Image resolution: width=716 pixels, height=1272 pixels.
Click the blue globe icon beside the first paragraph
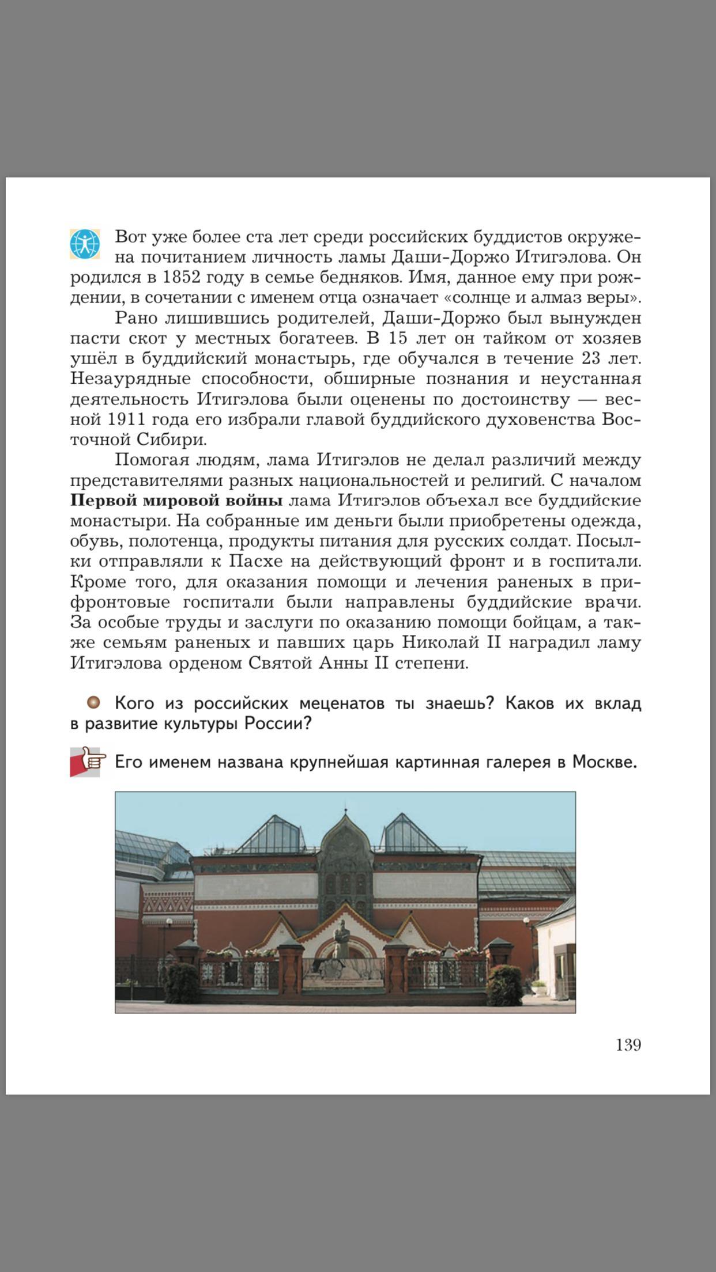click(x=85, y=244)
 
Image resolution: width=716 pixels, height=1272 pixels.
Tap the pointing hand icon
click(x=88, y=762)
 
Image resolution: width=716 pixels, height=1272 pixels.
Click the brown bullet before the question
click(x=93, y=702)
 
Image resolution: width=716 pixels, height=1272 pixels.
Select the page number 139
click(x=628, y=1044)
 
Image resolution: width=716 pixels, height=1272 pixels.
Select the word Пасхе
click(x=255, y=561)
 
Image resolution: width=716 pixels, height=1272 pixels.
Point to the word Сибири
click(x=171, y=440)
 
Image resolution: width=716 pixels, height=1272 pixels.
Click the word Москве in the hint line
click(x=604, y=762)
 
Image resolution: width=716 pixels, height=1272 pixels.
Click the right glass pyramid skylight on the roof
click(x=410, y=834)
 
